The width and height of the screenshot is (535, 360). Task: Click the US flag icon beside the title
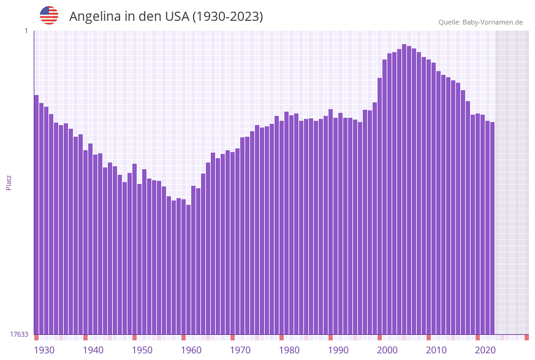[x=49, y=15]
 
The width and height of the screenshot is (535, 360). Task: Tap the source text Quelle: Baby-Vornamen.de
[x=480, y=22]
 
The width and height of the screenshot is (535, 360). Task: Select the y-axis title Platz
[x=9, y=182]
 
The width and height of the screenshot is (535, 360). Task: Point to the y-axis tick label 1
[x=26, y=31]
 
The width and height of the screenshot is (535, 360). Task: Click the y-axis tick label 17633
[x=19, y=334]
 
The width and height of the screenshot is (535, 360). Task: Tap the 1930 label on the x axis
[x=44, y=350]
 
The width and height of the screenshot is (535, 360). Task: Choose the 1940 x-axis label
[x=93, y=350]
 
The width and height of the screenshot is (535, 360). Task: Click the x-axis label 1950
[x=142, y=350]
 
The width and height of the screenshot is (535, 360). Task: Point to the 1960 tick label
[x=191, y=350]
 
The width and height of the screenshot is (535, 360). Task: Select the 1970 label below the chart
[x=240, y=350]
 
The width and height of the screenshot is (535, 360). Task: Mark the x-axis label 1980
[x=289, y=350]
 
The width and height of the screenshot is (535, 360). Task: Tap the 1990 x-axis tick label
[x=338, y=350]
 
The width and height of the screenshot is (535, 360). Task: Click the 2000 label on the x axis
[x=387, y=350]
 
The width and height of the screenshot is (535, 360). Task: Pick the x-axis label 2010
[x=436, y=350]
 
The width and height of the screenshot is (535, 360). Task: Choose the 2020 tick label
[x=485, y=350]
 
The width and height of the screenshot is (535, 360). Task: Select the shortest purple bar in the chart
[x=188, y=270]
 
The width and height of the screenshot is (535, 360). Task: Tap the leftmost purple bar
[x=36, y=215]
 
